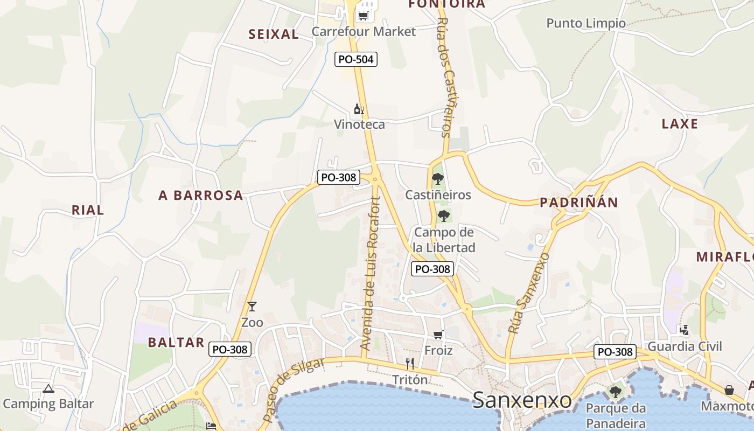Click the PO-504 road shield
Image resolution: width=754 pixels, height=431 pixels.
click(355, 59)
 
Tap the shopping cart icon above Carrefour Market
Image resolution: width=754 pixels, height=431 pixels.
click(364, 15)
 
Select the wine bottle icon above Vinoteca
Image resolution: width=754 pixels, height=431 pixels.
click(359, 109)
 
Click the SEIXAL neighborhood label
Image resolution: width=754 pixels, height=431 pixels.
click(274, 34)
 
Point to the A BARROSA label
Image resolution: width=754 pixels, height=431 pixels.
click(201, 196)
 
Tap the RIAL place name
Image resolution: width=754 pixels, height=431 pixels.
click(88, 210)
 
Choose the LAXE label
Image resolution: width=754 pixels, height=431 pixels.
click(680, 124)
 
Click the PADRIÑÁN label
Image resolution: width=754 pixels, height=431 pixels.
click(579, 203)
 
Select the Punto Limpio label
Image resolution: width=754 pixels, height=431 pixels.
click(586, 23)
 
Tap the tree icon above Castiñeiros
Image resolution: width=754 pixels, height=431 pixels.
click(438, 179)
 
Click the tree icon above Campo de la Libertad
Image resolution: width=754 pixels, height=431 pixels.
click(444, 216)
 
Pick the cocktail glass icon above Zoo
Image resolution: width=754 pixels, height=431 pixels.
click(252, 307)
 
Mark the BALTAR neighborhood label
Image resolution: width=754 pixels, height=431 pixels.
click(176, 342)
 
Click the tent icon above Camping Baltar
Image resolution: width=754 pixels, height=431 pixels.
click(48, 388)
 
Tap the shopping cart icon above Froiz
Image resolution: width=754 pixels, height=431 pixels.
click(438, 335)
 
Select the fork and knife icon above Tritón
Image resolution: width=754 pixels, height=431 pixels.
click(410, 364)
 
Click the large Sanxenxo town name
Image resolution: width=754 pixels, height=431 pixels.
click(522, 400)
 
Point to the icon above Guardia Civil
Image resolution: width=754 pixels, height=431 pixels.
click(685, 330)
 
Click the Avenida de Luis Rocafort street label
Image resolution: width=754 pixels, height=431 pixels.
click(371, 274)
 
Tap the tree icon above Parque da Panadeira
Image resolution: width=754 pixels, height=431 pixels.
click(616, 392)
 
